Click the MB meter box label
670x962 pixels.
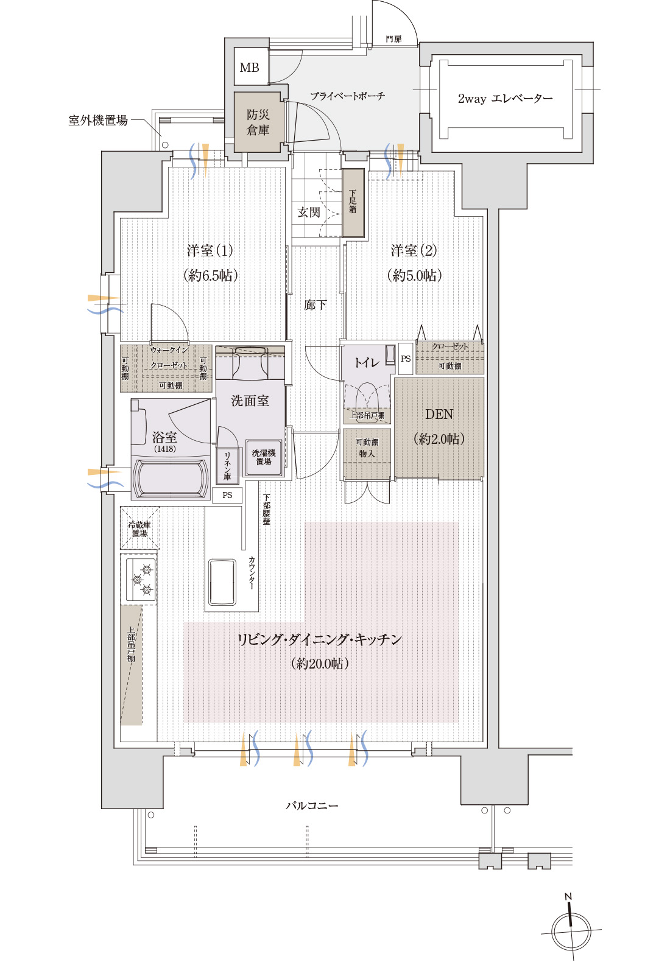(x=249, y=68)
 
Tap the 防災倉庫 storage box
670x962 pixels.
(x=258, y=122)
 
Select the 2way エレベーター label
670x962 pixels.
(x=505, y=98)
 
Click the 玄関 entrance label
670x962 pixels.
(x=309, y=212)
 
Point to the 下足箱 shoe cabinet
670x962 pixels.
(x=353, y=203)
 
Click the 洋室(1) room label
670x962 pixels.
(x=210, y=250)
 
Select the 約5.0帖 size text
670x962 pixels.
(x=414, y=275)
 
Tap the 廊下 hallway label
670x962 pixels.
(x=315, y=304)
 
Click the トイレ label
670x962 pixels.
(x=366, y=362)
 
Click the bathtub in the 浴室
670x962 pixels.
(x=169, y=479)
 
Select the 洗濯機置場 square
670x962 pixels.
(x=264, y=457)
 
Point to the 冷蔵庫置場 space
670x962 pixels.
(x=139, y=528)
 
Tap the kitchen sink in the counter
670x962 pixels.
(x=222, y=582)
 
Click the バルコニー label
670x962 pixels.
(x=312, y=806)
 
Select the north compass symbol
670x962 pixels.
(x=571, y=930)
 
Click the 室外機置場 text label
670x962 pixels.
(x=98, y=120)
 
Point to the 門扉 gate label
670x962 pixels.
(x=393, y=39)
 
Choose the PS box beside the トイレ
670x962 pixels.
(x=406, y=359)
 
